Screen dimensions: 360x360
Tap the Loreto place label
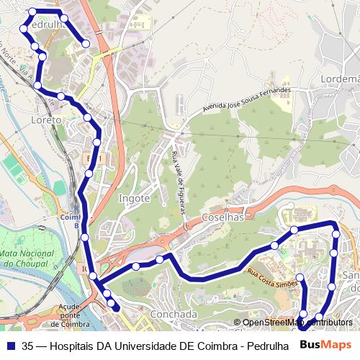(x=47, y=120)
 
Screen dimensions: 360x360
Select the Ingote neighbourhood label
(x=134, y=198)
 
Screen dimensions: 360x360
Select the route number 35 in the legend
(x=28, y=345)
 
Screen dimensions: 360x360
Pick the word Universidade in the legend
(x=158, y=345)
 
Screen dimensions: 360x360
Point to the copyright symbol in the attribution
(x=238, y=323)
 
